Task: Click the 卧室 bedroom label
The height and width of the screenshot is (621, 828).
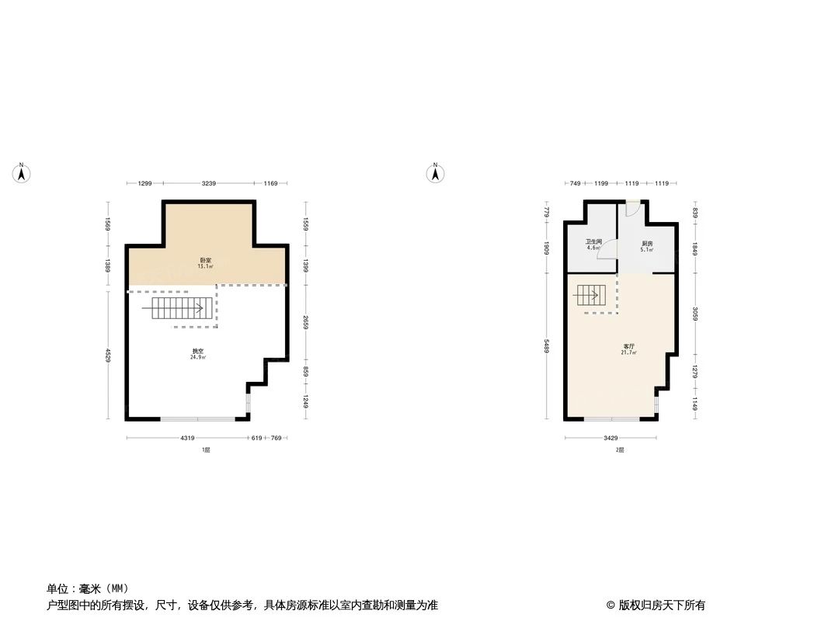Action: point(205,260)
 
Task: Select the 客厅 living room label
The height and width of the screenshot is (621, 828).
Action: point(628,346)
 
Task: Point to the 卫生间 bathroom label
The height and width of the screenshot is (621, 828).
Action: point(593,241)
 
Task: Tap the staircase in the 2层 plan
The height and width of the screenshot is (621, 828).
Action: point(588,295)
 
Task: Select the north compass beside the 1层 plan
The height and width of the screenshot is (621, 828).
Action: point(22,173)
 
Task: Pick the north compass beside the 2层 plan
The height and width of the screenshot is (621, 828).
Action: point(436,173)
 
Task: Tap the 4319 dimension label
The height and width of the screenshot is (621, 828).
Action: point(187,439)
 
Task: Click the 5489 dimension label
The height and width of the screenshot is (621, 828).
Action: point(547,345)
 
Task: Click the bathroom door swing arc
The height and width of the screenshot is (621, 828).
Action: point(611,249)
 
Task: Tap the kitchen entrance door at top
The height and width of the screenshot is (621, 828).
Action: point(633,208)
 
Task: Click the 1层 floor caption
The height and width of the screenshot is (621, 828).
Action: point(206,449)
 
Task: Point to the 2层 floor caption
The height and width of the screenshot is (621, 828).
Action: point(619,449)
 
